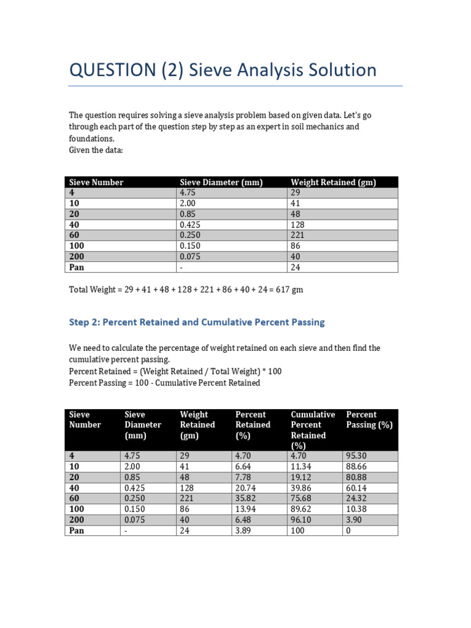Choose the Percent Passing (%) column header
[369, 420]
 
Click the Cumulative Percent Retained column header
[313, 430]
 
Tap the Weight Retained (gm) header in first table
[333, 182]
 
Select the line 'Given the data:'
[96, 150]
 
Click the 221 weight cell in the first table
[297, 235]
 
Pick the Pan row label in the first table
[76, 267]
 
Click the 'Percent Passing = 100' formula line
[164, 383]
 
